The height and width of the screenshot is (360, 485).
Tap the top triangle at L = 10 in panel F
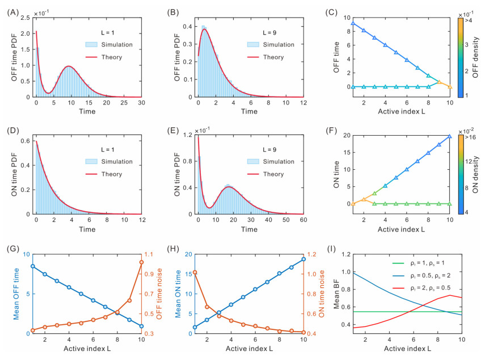[449, 136]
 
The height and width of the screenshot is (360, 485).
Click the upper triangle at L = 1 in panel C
[353, 23]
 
